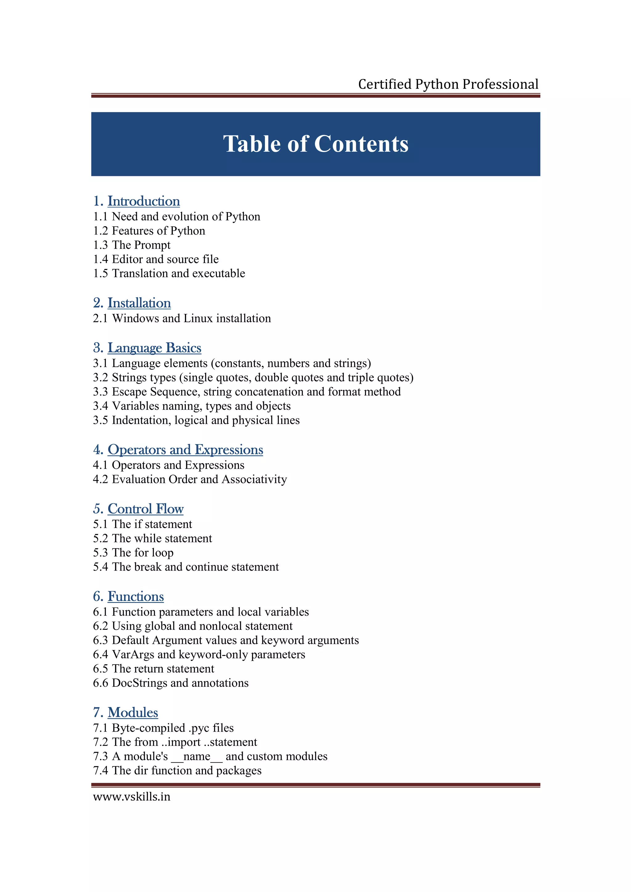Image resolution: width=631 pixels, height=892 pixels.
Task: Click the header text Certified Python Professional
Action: [448, 84]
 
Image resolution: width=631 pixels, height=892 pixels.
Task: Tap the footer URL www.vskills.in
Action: [132, 797]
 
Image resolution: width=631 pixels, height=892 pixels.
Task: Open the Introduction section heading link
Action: [144, 201]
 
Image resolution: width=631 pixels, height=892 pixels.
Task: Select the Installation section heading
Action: [139, 303]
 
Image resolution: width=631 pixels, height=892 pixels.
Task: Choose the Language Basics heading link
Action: [154, 348]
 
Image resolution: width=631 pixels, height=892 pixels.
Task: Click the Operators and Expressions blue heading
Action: [185, 450]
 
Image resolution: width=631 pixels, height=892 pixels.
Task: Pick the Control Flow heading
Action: [145, 509]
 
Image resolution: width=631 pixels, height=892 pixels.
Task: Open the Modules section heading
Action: [132, 713]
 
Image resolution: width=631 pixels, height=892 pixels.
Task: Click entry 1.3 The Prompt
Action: [132, 245]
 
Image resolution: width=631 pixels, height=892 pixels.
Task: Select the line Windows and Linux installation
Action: [191, 319]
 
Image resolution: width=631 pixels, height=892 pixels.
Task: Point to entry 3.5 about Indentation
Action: [196, 420]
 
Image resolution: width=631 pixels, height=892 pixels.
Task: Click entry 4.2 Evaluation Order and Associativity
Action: [190, 480]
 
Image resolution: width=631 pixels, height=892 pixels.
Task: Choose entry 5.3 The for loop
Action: [133, 553]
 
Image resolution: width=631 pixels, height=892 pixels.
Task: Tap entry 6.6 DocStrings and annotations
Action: [170, 683]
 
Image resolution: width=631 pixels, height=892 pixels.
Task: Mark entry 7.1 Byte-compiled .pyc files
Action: [163, 728]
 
